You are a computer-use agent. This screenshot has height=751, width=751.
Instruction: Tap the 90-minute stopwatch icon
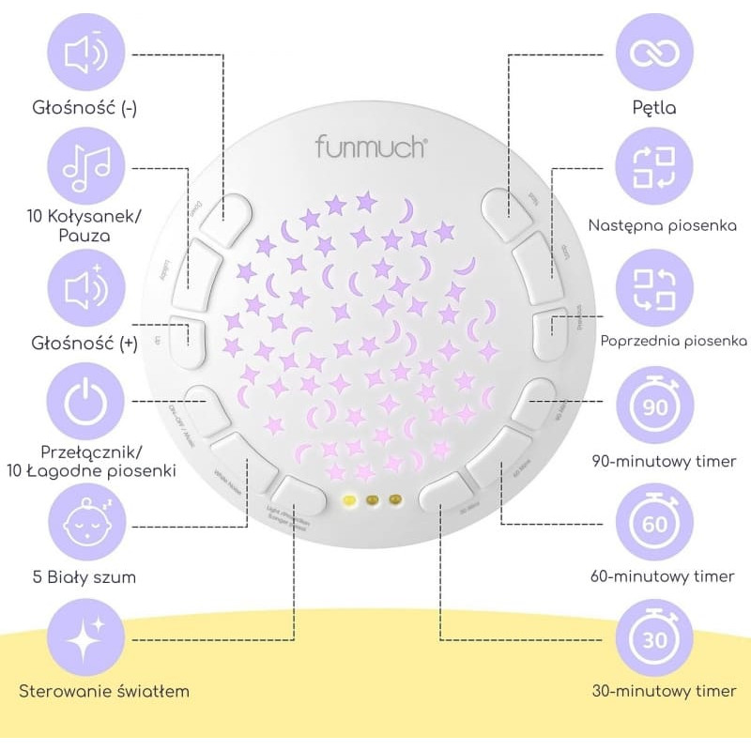pos(654,405)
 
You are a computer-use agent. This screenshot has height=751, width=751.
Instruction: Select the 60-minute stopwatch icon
pos(654,523)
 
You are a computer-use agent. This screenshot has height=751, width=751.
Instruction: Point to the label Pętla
pos(654,107)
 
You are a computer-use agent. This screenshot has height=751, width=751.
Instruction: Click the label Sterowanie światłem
pos(104,692)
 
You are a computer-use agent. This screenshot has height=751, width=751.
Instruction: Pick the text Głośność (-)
pos(83,107)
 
